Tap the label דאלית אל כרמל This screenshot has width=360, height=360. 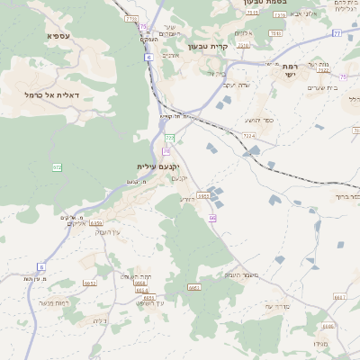pyautogui.click(x=52, y=94)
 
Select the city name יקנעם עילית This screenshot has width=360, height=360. pyautogui.click(x=158, y=166)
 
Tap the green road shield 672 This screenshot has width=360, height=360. pyautogui.click(x=58, y=167)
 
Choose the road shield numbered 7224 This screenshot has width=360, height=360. pyautogui.click(x=248, y=136)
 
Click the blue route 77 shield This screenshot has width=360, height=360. pyautogui.click(x=337, y=33)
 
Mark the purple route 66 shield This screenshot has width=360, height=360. pyautogui.click(x=212, y=219)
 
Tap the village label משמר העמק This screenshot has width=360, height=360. pyautogui.click(x=243, y=274)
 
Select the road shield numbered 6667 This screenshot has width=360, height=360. pyautogui.click(x=339, y=296)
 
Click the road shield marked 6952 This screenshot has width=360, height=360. pyautogui.click(x=90, y=283)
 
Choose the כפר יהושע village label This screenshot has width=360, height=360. pyautogui.click(x=257, y=120)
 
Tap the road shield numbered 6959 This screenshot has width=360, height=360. pyautogui.click(x=96, y=222)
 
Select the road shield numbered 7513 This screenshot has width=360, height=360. pyautogui.click(x=252, y=13)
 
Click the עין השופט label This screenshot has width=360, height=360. pyautogui.click(x=148, y=302)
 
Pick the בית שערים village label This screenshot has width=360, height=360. pyautogui.click(x=320, y=87)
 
